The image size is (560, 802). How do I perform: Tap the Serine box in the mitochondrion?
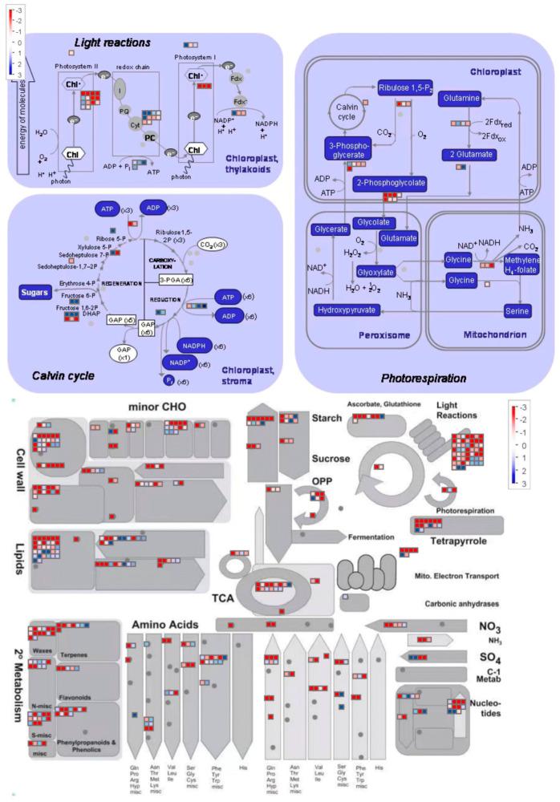[x=517, y=310]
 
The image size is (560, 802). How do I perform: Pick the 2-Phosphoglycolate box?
[x=389, y=184]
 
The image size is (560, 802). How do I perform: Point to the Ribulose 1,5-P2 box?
[x=407, y=87]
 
